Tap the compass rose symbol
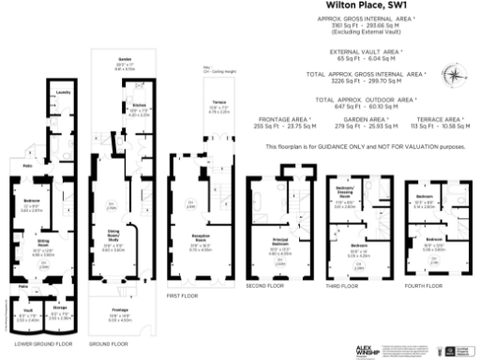coord(454,79)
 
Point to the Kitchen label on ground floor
coord(136,108)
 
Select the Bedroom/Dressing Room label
coord(342,188)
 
